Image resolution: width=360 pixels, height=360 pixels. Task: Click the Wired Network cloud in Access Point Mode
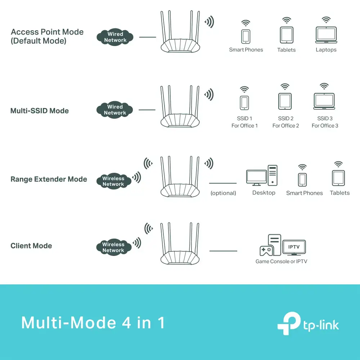[115, 37]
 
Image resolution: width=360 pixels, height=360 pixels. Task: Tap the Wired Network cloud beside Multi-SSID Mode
[115, 110]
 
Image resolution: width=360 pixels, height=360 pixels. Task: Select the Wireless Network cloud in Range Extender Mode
[113, 181]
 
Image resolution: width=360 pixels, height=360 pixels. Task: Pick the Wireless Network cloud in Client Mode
[113, 247]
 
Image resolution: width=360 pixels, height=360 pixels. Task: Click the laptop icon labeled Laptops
[326, 35]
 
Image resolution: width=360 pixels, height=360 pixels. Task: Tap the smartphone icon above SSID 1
[244, 102]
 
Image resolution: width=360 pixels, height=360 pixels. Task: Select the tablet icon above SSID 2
[285, 102]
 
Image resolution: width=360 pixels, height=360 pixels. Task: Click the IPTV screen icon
[294, 248]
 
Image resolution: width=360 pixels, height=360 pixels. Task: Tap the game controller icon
[266, 251]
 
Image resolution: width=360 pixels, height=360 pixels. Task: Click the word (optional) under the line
[223, 193]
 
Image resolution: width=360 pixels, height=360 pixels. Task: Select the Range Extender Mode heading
[49, 179]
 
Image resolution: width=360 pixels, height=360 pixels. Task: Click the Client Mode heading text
[31, 246]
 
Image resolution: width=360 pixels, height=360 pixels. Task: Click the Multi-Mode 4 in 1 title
[93, 323]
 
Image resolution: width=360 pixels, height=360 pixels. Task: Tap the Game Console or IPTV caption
[281, 261]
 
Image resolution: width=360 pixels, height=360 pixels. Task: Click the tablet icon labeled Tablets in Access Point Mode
[286, 35]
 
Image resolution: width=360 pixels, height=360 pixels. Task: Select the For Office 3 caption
[325, 126]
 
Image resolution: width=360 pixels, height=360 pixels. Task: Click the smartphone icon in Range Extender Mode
[302, 179]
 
